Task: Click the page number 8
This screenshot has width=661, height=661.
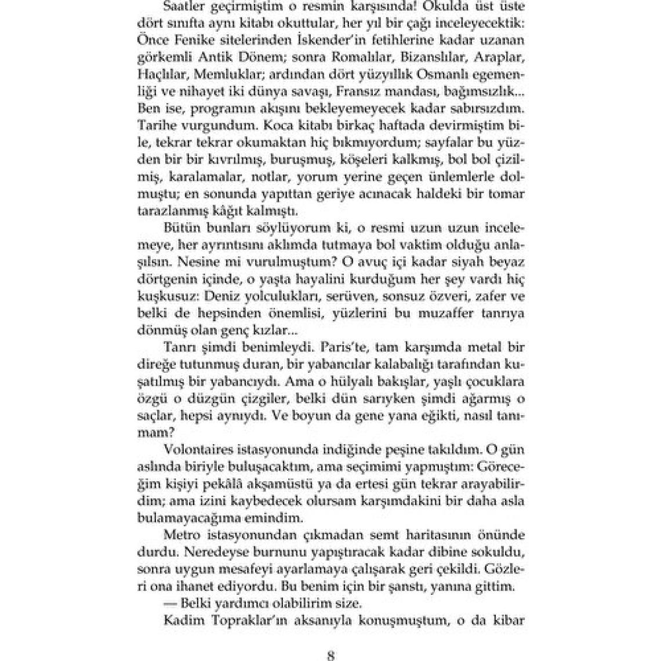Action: pyautogui.click(x=330, y=656)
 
